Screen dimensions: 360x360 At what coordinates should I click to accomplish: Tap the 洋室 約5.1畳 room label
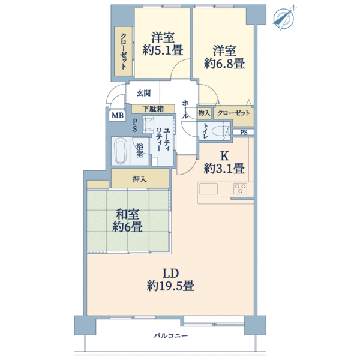tap(163, 44)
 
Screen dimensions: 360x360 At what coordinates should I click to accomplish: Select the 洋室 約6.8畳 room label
tap(224, 57)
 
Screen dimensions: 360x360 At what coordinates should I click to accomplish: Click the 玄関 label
tap(143, 93)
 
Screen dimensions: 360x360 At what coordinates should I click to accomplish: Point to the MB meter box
tap(118, 115)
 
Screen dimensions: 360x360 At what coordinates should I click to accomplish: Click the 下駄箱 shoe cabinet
tap(153, 109)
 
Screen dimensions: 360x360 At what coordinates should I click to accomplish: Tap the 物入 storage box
tap(204, 113)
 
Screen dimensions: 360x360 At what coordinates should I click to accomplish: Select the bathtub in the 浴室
tap(121, 151)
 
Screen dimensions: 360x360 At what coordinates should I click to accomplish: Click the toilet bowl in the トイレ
tap(219, 132)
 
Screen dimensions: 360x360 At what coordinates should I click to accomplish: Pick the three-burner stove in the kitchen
tap(240, 189)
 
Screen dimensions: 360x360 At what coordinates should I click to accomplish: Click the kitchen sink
tap(208, 189)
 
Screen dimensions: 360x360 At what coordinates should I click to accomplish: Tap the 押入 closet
tap(140, 179)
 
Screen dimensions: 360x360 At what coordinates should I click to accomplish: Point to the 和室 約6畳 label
tap(127, 220)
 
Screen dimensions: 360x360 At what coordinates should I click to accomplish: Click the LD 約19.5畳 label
tap(170, 280)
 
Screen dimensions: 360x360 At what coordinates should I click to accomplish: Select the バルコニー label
tap(170, 336)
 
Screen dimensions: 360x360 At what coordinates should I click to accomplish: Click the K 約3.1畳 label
tap(224, 163)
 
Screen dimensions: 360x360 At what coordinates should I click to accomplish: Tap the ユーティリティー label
tap(163, 139)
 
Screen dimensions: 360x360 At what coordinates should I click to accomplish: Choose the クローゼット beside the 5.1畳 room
tap(124, 51)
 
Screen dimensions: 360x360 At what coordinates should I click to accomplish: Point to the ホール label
tap(185, 110)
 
